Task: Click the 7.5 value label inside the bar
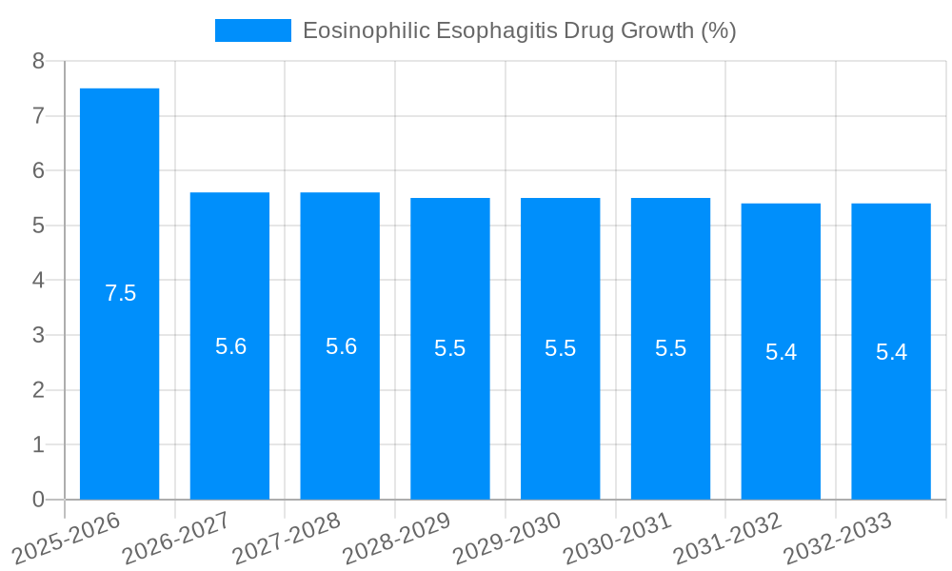121,293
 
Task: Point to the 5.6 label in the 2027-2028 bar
341,346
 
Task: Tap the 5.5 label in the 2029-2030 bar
561,348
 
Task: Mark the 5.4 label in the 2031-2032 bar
781,352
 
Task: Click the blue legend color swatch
253,30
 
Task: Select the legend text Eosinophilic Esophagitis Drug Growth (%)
519,30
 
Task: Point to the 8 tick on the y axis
38,61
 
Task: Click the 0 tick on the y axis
38,500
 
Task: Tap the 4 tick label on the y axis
38,281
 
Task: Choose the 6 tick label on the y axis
38,170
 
